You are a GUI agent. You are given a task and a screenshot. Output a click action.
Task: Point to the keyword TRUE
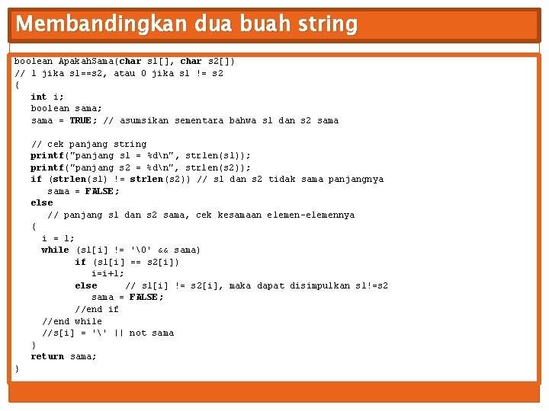point(80,120)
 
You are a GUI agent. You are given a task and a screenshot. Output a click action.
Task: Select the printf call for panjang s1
point(47,155)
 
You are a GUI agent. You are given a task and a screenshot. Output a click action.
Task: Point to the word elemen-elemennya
point(310,215)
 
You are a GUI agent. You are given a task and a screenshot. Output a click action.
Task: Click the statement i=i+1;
point(108,273)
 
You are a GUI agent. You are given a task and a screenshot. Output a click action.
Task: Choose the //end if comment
point(97,309)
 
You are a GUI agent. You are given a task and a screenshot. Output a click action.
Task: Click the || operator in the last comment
point(119,333)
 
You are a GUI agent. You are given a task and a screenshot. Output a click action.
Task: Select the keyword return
point(47,356)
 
